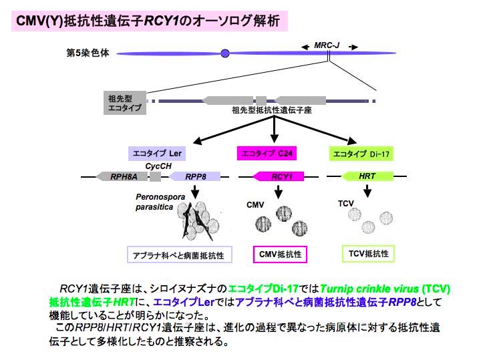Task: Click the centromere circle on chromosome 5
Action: (225, 53)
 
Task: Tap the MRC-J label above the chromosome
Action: (327, 45)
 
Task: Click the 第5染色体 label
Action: (88, 53)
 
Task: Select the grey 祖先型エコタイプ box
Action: (125, 103)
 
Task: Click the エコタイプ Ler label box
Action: (157, 154)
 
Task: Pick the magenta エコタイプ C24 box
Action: (267, 153)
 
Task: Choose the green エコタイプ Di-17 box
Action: (361, 154)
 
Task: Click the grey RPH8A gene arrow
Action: (122, 176)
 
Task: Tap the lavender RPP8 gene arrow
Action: (194, 176)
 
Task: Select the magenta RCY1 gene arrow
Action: (278, 176)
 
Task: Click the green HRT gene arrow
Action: (367, 176)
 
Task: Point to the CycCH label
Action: (158, 166)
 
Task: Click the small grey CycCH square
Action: (155, 176)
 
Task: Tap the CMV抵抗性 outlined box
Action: (280, 254)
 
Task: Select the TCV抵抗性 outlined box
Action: (368, 254)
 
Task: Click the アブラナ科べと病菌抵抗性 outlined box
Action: (180, 254)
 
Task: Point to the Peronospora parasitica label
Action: (160, 202)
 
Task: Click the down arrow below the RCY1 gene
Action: (278, 192)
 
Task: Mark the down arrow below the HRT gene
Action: (367, 191)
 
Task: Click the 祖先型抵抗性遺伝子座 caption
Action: (272, 110)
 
